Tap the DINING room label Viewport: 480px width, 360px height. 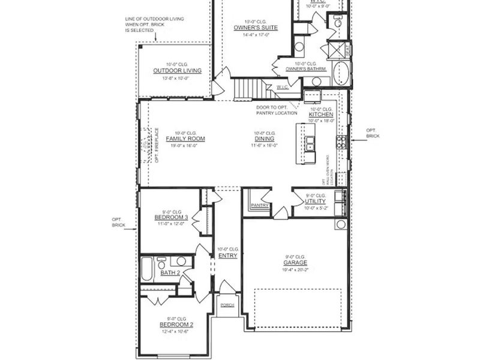[x=264, y=139]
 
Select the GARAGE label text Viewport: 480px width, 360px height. [x=295, y=263]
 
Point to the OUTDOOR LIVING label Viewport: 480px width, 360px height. [x=177, y=71]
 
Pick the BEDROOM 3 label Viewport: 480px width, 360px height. [x=171, y=217]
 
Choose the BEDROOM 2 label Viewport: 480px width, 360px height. [x=173, y=325]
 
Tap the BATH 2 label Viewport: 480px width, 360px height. [x=170, y=274]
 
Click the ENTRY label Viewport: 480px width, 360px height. [x=228, y=256]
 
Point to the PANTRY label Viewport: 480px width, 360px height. [x=260, y=205]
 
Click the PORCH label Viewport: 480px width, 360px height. [x=227, y=305]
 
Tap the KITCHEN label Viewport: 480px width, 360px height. [x=321, y=115]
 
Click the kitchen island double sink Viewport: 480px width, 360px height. [x=310, y=144]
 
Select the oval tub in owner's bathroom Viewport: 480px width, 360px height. [x=341, y=73]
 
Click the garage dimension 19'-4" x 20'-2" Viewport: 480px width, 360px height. [x=295, y=270]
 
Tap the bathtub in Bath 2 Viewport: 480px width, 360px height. [x=147, y=269]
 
